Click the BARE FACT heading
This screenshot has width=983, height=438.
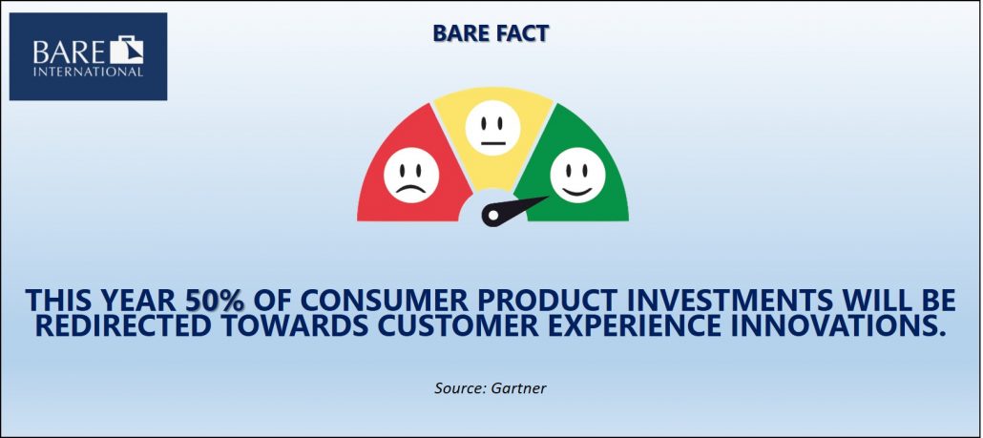coord(491,33)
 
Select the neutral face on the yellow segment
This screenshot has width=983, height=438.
coord(492,128)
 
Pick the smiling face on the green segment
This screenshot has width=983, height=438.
coord(577,175)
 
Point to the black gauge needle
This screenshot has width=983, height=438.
coord(514,211)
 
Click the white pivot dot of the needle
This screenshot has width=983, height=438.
coord(492,217)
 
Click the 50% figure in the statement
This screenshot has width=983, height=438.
coord(215,301)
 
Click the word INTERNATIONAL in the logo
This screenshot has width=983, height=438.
coord(89,73)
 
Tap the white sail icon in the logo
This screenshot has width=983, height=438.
coord(127,51)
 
